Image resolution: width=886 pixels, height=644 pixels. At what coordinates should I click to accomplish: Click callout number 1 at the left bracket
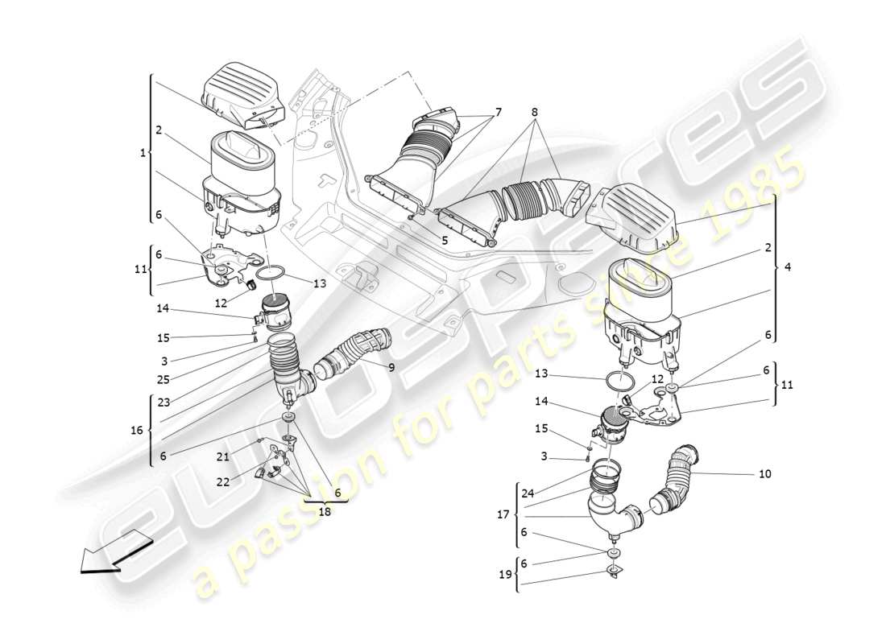(x=143, y=151)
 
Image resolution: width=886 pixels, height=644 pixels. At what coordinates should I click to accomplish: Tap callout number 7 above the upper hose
(x=498, y=112)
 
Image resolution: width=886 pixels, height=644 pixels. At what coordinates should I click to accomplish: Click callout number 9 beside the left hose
(x=391, y=368)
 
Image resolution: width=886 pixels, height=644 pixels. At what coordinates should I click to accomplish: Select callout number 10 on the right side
(x=764, y=474)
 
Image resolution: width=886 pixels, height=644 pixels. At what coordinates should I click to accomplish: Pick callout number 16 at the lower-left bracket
(x=137, y=431)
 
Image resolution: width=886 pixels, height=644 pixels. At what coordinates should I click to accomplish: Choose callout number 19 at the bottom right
(x=505, y=575)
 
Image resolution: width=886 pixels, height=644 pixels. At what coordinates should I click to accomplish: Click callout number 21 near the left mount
(x=221, y=457)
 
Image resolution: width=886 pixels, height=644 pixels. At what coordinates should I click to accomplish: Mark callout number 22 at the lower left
(x=221, y=481)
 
